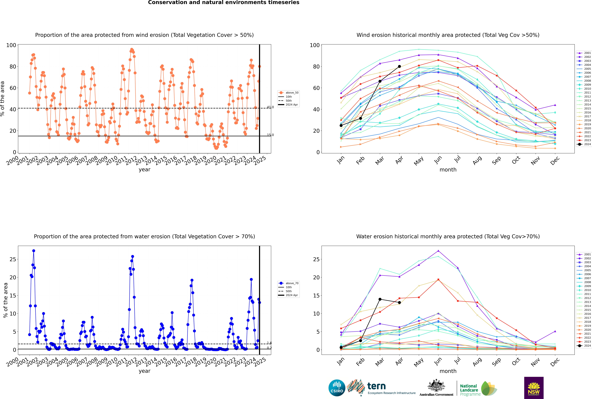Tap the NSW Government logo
pos(534,388)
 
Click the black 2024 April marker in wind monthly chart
pos(399,66)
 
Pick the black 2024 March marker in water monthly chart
pos(380,299)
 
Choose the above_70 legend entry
pos(288,283)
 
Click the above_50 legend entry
pos(288,93)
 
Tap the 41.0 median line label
pos(270,107)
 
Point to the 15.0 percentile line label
pos(270,135)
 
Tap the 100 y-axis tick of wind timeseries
pos(11,45)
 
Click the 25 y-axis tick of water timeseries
pos(13,259)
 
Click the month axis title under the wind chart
pos(448,170)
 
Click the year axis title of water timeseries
pos(145,371)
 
